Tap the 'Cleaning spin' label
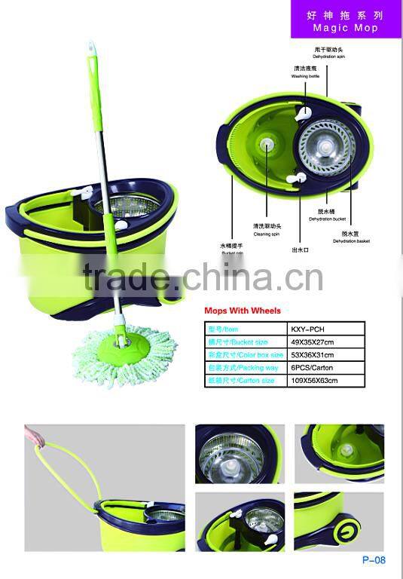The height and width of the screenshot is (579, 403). (x=267, y=234)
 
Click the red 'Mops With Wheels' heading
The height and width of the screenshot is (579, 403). (x=243, y=311)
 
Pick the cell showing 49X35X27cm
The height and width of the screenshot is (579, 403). (x=312, y=342)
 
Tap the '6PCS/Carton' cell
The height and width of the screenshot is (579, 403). (x=312, y=368)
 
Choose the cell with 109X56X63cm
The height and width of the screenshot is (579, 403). (x=314, y=381)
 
